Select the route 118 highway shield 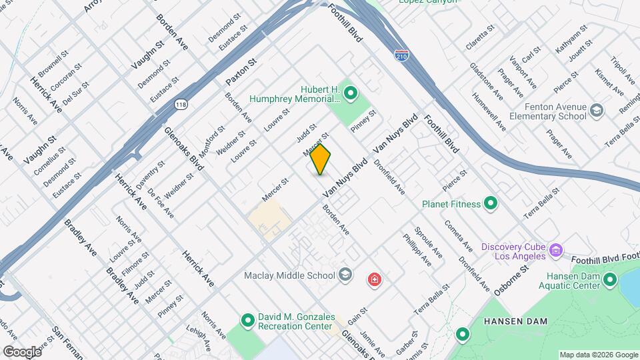pyautogui.click(x=181, y=104)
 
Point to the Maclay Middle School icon pyautogui.click(x=345, y=274)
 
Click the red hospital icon pyautogui.click(x=375, y=278)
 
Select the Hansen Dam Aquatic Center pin pyautogui.click(x=609, y=282)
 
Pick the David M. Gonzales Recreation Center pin pyautogui.click(x=247, y=321)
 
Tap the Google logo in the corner pyautogui.click(x=21, y=351)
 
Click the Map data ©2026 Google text pyautogui.click(x=599, y=355)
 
